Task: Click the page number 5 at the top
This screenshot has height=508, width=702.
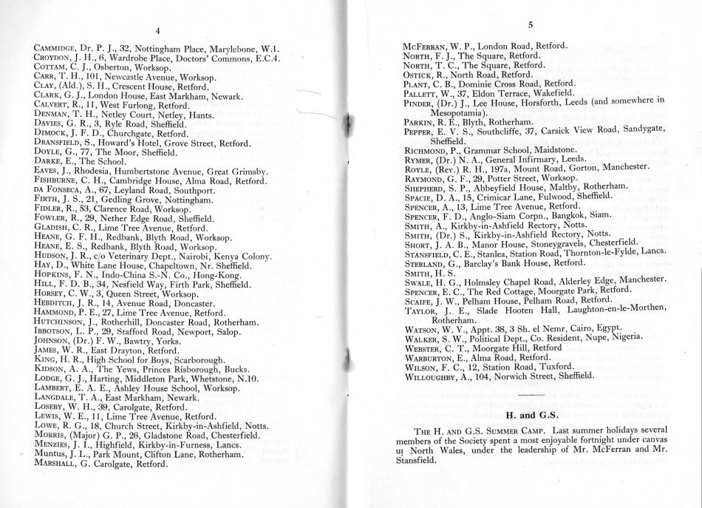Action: (x=531, y=25)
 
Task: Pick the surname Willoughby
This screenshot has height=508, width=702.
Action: (x=436, y=375)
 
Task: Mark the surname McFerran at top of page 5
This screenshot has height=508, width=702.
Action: (x=430, y=45)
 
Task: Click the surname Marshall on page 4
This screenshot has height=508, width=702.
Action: (x=61, y=466)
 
